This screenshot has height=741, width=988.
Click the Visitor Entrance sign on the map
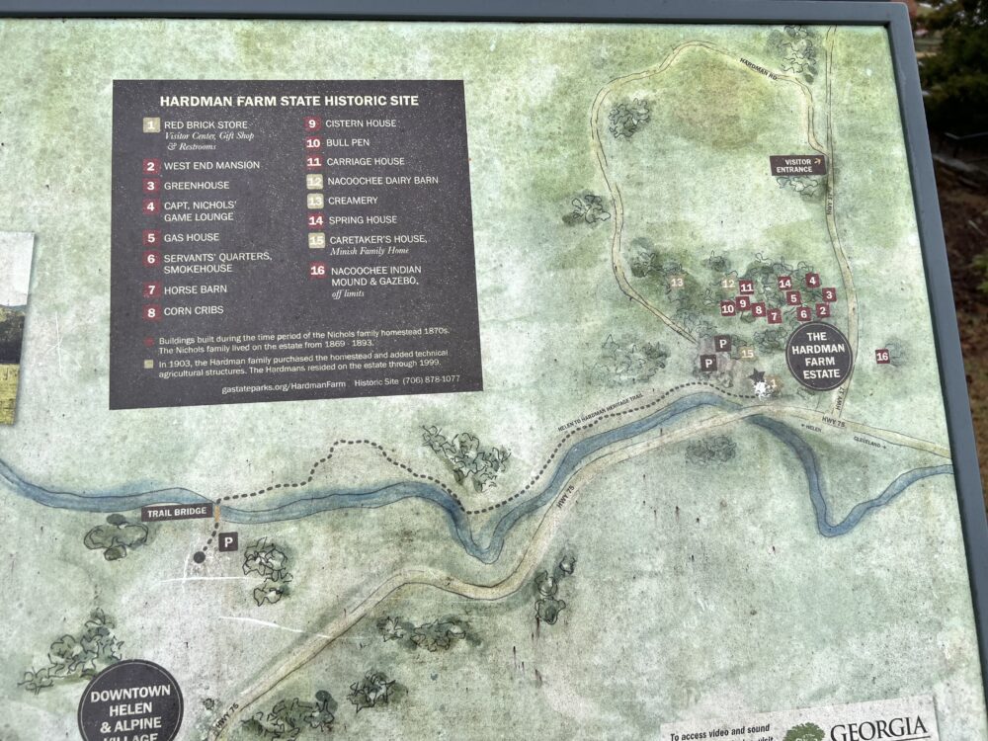[797, 165]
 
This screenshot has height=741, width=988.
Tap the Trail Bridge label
[177, 513]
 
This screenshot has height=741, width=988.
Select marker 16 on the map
[882, 356]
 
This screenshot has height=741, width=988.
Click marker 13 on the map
[678, 283]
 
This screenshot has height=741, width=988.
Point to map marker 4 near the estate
[812, 281]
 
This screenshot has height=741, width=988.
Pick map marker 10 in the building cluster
[727, 308]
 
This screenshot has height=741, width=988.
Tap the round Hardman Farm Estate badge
[819, 356]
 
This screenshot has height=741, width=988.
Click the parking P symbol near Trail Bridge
[228, 541]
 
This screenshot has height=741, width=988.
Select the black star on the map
[758, 376]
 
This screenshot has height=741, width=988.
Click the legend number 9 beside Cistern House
[311, 124]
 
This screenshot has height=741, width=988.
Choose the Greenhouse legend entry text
[196, 185]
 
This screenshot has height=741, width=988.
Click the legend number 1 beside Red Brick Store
[150, 125]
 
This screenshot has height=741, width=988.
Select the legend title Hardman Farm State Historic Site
[288, 101]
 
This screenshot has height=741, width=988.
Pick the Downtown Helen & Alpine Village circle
[130, 701]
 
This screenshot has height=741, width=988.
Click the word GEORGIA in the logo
[877, 729]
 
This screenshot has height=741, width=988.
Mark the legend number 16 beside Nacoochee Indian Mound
[317, 270]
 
